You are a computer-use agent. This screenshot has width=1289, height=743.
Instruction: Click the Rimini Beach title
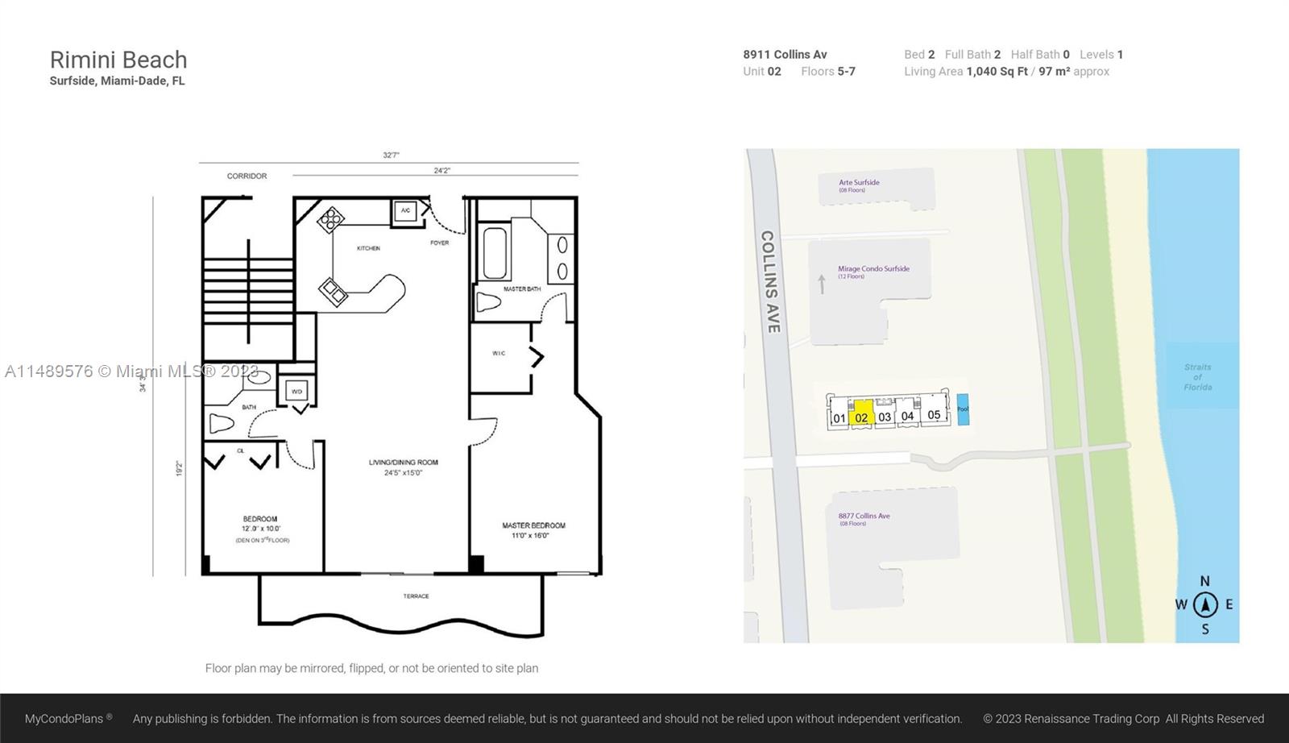pos(118,60)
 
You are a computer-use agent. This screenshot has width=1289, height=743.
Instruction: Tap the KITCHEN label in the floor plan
pos(368,248)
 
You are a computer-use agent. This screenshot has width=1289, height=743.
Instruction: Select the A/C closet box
pos(405,211)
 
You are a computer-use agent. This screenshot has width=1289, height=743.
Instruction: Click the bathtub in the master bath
pos(495,252)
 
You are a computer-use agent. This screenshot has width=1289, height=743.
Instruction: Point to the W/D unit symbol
pos(296,392)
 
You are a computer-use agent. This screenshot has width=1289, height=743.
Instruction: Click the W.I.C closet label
pos(499,353)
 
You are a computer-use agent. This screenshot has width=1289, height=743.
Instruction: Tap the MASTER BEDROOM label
pos(533,525)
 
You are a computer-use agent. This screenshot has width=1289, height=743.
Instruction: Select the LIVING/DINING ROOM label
pos(404,463)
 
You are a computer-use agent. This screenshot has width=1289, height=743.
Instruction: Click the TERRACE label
pos(416,596)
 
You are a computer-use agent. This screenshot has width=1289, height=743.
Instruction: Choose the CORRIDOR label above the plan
pos(247,176)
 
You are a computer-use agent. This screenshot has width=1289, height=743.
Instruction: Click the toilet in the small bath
pos(222,423)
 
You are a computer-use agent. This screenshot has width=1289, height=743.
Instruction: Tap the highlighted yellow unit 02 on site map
pos(862,413)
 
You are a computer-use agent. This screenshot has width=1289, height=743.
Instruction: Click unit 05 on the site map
pos(934,414)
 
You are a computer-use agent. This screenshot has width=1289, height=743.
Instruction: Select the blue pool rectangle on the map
pos(963,409)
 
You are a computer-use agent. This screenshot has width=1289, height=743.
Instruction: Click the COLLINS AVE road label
pos(770,282)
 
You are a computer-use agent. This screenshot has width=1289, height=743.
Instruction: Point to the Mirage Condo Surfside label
pos(873,269)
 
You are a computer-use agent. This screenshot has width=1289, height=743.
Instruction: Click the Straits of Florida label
pos(1197,377)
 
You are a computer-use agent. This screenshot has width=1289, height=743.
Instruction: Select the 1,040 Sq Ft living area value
pos(997,72)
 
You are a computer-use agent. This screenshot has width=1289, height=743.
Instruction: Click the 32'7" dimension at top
pos(391,155)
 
